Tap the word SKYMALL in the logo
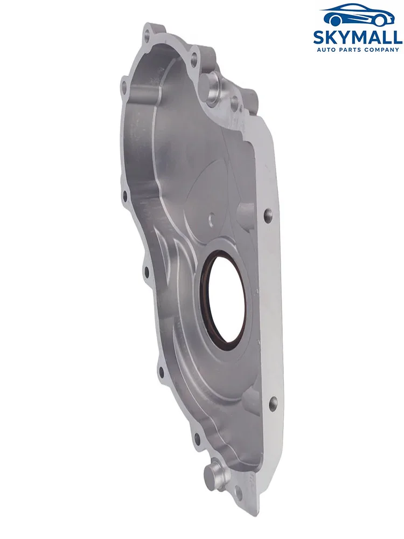click(358, 37)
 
